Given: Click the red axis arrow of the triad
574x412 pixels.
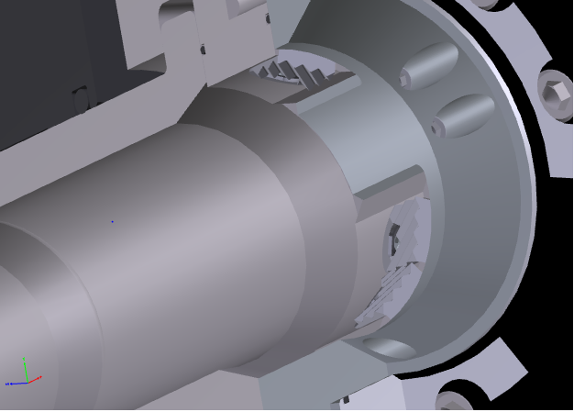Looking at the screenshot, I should point(37,378).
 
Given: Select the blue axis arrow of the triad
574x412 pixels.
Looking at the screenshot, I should point(11,383).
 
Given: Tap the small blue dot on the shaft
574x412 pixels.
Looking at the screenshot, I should point(113,221).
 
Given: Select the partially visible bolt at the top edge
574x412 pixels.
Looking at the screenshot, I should point(486,5).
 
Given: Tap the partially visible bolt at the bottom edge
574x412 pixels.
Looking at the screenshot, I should point(456,399).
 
